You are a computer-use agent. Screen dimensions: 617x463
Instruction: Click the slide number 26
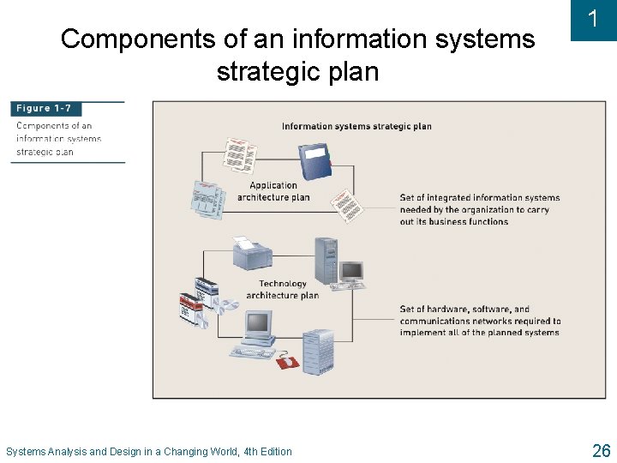601,450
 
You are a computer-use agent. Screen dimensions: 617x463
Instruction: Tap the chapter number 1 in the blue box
593,19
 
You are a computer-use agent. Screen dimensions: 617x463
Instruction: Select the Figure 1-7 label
45,109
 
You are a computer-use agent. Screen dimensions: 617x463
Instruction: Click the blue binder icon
314,160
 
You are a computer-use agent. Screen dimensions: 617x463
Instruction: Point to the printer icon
252,253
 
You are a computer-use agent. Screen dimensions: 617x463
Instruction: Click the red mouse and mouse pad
287,362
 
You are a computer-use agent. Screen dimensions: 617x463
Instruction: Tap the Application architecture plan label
273,191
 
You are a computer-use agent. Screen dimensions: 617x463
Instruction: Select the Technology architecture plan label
282,290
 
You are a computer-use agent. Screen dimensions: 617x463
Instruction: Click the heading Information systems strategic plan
356,127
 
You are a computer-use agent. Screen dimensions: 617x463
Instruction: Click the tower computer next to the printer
326,257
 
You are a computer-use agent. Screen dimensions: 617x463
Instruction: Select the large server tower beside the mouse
316,352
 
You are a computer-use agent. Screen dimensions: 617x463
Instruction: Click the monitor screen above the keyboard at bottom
257,324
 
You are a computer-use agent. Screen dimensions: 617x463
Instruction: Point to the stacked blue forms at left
206,198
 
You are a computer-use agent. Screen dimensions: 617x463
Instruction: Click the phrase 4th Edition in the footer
267,452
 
